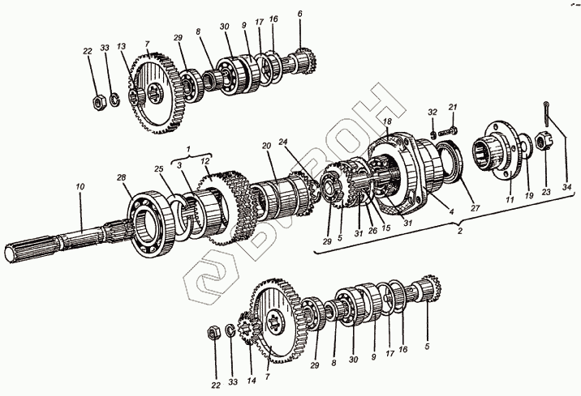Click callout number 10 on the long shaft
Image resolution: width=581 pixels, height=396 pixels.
(80, 188)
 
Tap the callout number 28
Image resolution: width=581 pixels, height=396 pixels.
(121, 177)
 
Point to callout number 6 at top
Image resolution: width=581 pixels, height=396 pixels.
(299, 14)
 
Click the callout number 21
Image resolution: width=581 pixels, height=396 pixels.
(454, 107)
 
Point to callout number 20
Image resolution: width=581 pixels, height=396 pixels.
(265, 146)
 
